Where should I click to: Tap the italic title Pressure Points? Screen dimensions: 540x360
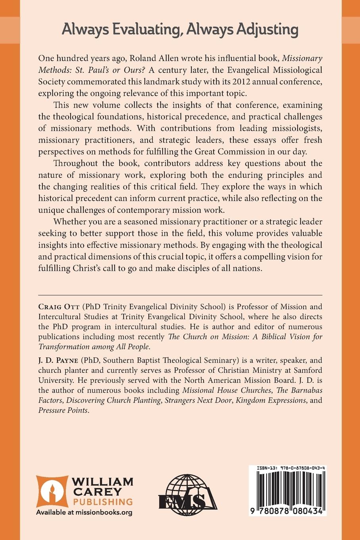pos(63,410)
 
